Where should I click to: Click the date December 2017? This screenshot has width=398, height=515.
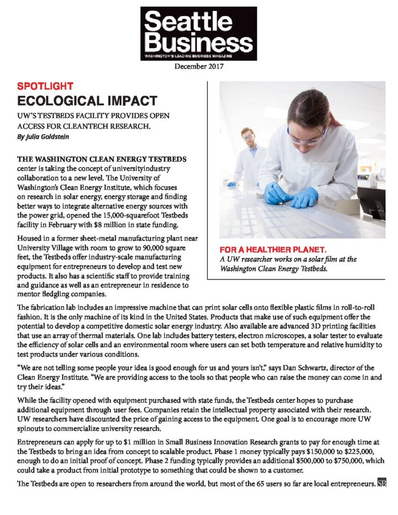tap(199, 66)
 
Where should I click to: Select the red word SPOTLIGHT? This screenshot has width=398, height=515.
tap(45, 85)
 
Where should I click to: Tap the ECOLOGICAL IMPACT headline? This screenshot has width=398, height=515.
tap(87, 100)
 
